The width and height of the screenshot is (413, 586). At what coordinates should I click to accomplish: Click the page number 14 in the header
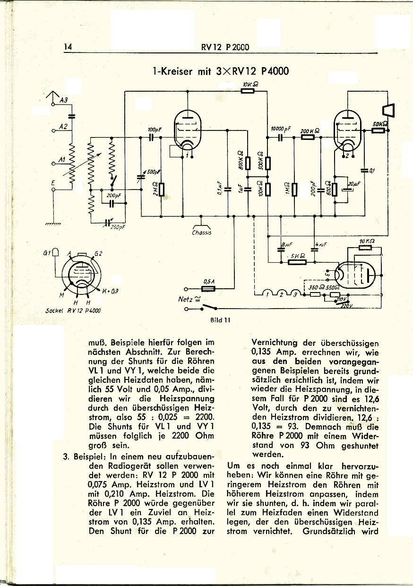pyautogui.click(x=67, y=46)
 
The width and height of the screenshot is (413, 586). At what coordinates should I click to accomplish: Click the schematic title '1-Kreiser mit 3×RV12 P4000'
pyautogui.click(x=221, y=71)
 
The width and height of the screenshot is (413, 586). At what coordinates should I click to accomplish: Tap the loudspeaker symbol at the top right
pyautogui.click(x=390, y=111)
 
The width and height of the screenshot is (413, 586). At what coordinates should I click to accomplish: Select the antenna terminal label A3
pyautogui.click(x=64, y=99)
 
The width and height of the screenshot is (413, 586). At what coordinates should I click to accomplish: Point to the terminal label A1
pyautogui.click(x=61, y=161)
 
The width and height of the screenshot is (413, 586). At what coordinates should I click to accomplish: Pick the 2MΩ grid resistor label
pyautogui.click(x=154, y=190)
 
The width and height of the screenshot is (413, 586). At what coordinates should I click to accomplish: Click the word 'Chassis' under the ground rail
pyautogui.click(x=202, y=233)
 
